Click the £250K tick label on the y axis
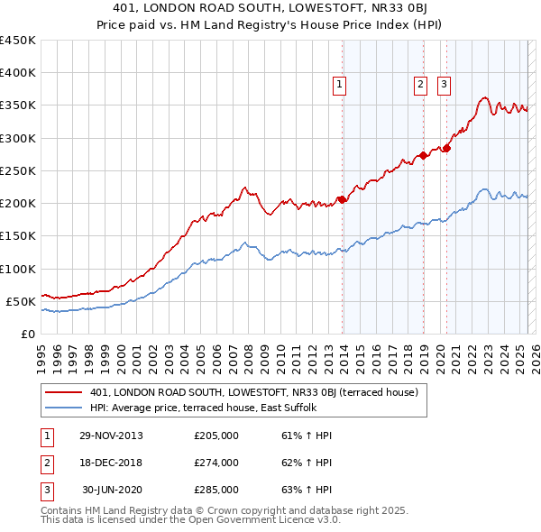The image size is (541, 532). coord(17,170)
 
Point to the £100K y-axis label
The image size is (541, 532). coord(17,269)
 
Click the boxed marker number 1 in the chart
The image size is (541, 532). coord(340,86)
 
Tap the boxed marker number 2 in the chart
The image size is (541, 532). coord(421,86)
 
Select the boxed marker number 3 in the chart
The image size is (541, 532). coord(445,86)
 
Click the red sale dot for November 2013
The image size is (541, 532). coord(342,199)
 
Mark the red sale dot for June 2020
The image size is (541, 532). coord(446,148)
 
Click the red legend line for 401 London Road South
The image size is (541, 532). coord(64,393)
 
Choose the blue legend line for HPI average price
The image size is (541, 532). coord(64,408)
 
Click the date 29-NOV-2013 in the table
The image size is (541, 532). coord(111,436)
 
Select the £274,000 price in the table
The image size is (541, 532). coord(216,463)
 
